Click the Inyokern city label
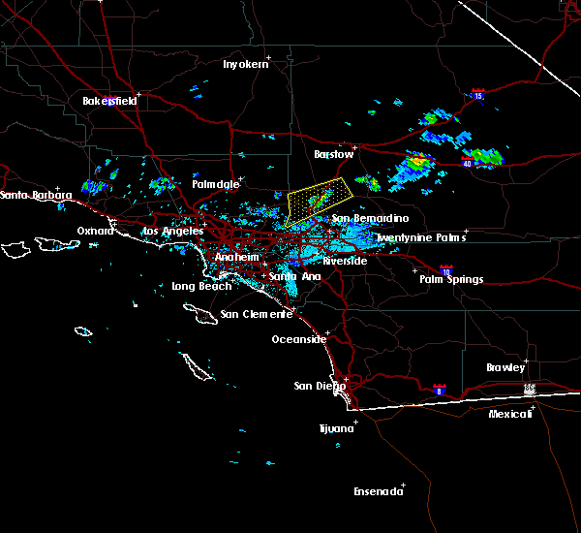tap(243, 64)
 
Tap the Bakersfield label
tap(108, 101)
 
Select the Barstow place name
tap(334, 154)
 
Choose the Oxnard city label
tap(95, 230)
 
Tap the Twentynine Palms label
tap(420, 237)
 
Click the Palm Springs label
tap(450, 279)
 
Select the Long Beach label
tap(201, 286)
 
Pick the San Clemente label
tap(256, 314)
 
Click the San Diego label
tap(319, 386)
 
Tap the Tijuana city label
tap(338, 427)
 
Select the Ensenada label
tap(378, 491)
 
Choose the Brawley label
tap(505, 367)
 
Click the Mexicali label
tap(510, 414)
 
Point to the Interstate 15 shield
tap(477, 94)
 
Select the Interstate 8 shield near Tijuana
tap(438, 389)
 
